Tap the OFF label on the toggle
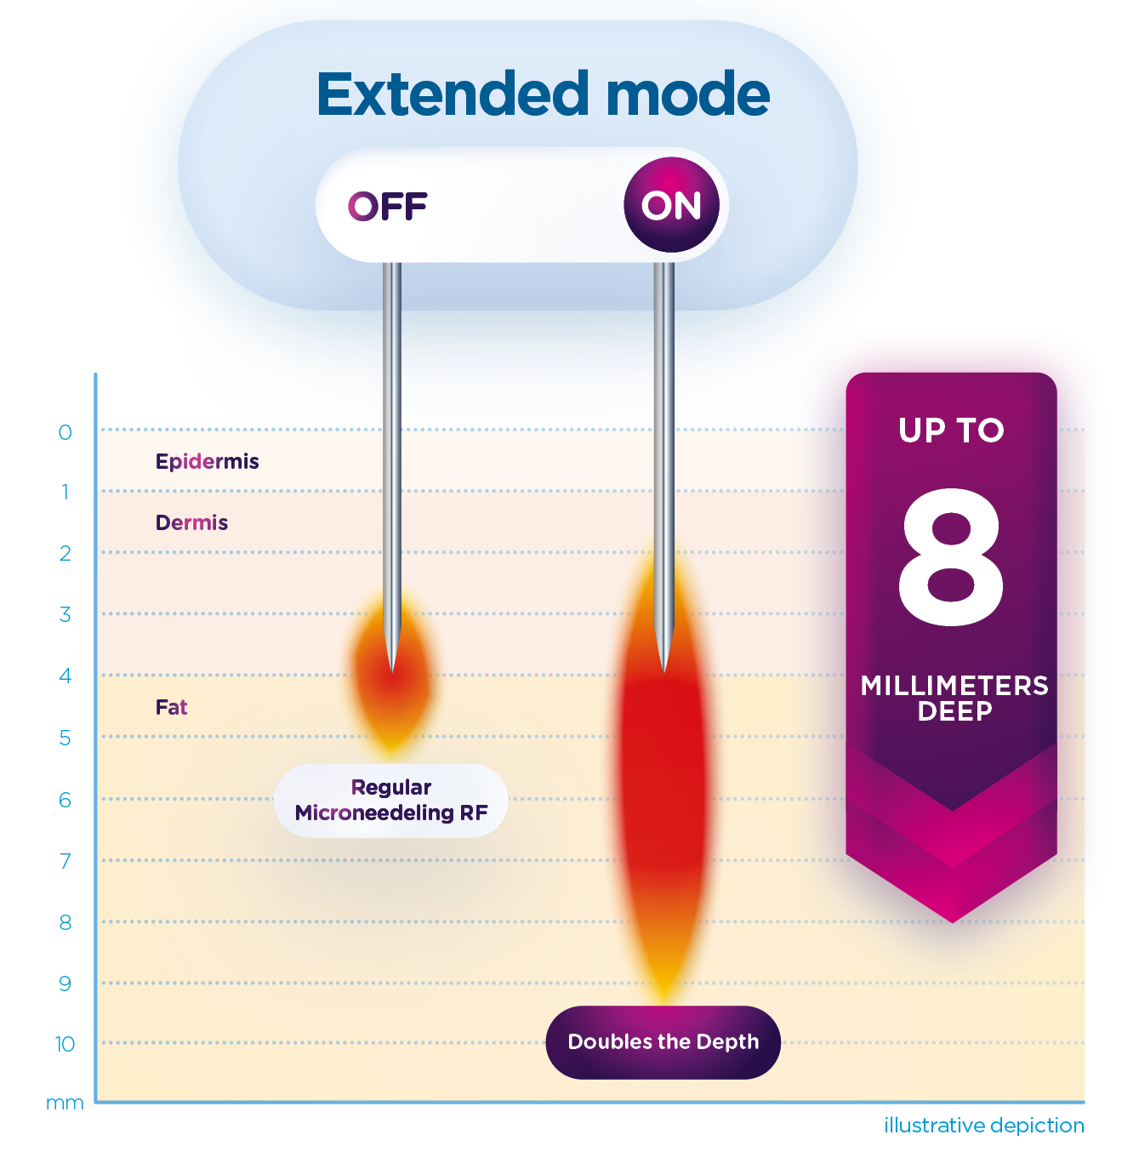387,206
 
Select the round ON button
671,205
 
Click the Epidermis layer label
207,461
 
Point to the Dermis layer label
191,522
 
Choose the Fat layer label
171,707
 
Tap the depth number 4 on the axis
65,676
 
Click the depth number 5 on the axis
65,738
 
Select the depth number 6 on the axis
65,800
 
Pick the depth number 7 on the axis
65,861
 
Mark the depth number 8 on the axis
65,922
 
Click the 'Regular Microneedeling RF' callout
391,800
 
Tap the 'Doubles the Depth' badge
663,1042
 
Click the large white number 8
951,557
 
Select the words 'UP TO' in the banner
951,431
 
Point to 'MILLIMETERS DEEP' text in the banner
954,698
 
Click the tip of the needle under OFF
392,670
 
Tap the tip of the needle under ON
664,670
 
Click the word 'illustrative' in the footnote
934,1126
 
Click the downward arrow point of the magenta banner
953,919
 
